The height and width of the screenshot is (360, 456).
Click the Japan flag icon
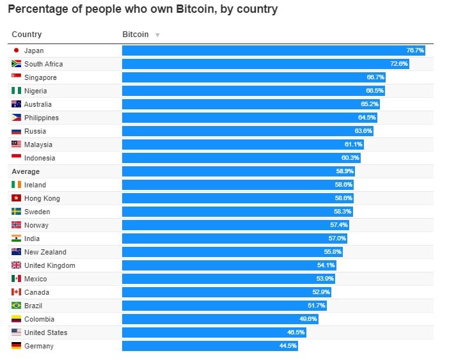pos(16,51)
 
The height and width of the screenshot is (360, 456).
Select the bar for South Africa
pos(265,64)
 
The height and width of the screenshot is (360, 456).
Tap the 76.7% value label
pos(415,51)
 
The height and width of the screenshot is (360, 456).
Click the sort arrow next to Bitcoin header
pos(157,35)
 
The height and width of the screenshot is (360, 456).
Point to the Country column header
pos(27,34)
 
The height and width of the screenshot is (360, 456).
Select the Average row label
pos(26,171)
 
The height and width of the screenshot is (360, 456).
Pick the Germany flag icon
pos(16,346)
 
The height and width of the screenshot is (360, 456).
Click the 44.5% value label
pos(288,346)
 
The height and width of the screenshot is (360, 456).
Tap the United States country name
pos(45,333)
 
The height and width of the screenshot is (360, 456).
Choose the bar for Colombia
pos(220,319)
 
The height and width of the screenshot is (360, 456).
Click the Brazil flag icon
pos(16,306)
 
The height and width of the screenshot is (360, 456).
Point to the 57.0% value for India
pos(337,239)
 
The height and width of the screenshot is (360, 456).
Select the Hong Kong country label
pos(42,198)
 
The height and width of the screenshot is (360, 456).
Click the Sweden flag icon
pos(16,212)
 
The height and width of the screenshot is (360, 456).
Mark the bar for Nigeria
pos(253,91)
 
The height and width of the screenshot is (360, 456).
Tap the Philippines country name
pos(42,118)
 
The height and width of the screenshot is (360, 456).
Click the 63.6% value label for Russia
pos(363,131)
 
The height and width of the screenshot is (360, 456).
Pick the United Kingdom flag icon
pos(16,265)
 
